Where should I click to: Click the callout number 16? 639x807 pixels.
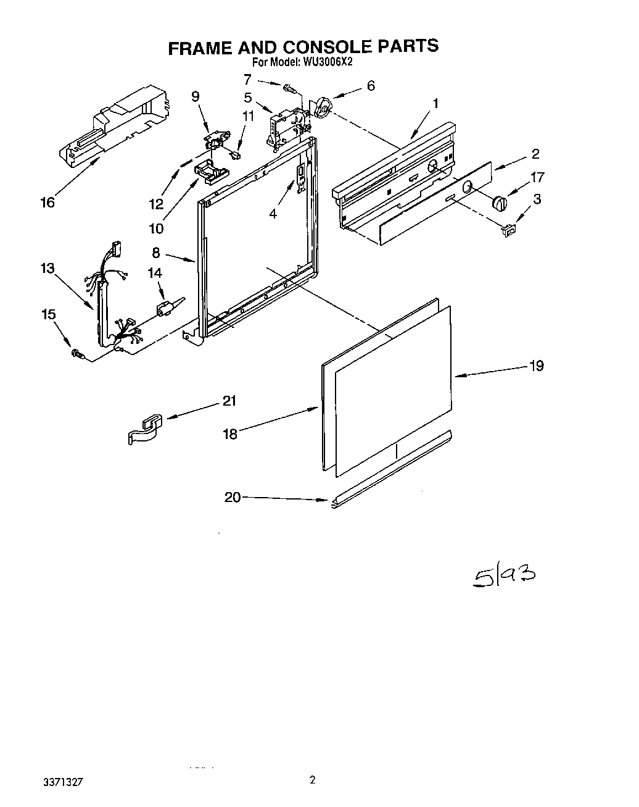point(47,203)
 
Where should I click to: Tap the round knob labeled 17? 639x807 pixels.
point(499,203)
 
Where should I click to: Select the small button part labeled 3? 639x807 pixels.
point(508,230)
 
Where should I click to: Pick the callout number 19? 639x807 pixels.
point(537,366)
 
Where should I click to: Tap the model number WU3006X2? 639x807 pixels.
point(327,62)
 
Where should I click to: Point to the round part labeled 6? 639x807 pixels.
point(322,109)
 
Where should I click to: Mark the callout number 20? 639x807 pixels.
point(233,497)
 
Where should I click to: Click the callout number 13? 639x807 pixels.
point(47,269)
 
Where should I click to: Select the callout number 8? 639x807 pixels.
point(156,253)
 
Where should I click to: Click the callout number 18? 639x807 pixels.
point(230,434)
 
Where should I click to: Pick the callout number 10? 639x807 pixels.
point(156,229)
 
